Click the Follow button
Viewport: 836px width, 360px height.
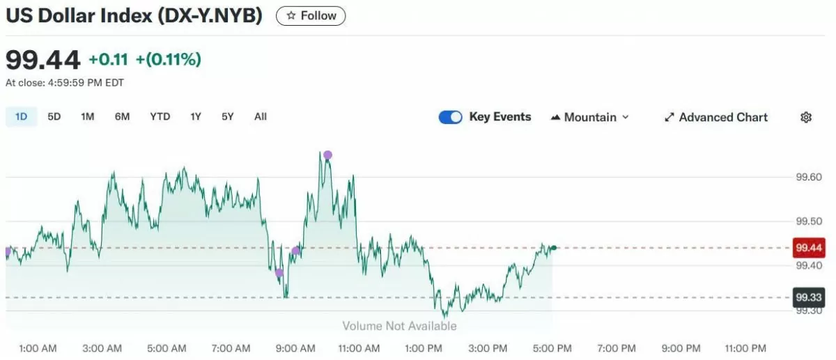pos(311,16)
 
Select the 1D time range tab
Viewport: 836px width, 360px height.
pos(21,117)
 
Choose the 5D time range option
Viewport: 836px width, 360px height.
pos(54,117)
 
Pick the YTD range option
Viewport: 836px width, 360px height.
pos(160,117)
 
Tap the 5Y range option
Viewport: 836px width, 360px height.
pos(228,117)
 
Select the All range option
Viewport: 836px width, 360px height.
pos(261,117)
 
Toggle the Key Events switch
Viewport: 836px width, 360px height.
pos(451,118)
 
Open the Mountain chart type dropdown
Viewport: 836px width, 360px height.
pos(590,118)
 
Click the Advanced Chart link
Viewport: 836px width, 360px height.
pos(716,118)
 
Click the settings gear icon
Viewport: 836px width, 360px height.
pos(806,118)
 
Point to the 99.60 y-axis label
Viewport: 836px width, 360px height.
pos(810,178)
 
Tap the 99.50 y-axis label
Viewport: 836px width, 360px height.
pos(810,222)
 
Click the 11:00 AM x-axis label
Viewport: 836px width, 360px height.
pos(359,348)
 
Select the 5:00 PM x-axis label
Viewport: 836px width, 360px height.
pos(553,348)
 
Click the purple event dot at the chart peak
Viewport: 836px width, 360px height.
pos(327,155)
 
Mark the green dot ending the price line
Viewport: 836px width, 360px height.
pos(553,248)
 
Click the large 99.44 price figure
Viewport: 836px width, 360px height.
pos(43,60)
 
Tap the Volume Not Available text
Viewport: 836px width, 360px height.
pos(399,326)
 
